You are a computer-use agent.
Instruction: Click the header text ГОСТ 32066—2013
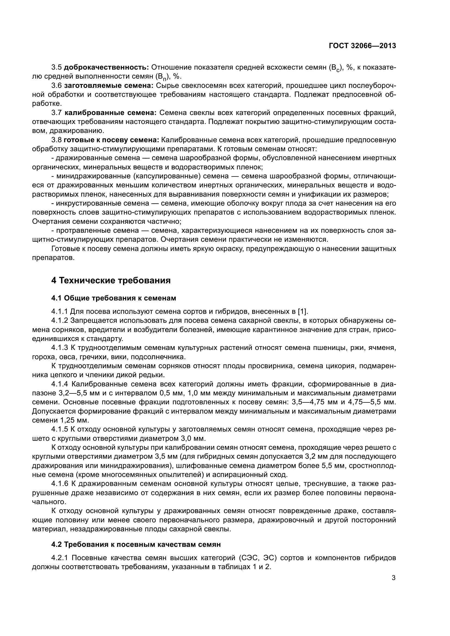pos(362,46)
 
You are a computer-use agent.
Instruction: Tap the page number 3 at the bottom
pos(393,578)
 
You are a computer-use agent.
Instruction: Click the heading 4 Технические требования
pos(111,281)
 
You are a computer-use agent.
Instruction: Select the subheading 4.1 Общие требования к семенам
pos(114,298)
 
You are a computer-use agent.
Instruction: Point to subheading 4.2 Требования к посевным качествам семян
pos(136,544)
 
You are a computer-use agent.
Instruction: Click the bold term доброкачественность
pos(107,67)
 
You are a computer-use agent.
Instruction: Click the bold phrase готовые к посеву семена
pos(111,140)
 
